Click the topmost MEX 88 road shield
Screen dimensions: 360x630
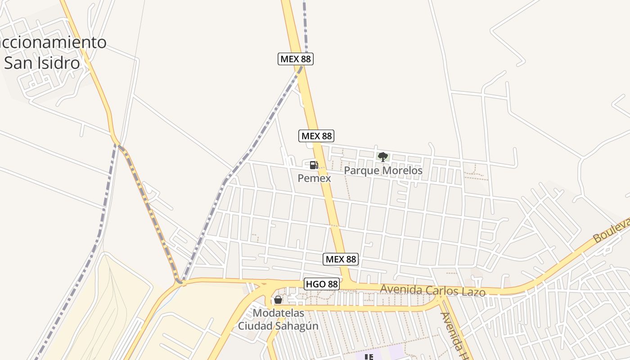point(295,59)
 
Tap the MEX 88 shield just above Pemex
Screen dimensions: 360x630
point(316,136)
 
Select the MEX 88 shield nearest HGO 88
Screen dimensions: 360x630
point(341,259)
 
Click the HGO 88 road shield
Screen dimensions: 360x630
point(321,284)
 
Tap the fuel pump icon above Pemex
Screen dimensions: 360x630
point(314,165)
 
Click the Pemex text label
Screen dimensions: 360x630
point(314,178)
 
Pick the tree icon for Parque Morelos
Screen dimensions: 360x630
point(383,157)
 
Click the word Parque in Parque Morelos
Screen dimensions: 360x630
point(362,171)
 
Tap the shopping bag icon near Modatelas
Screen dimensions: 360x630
point(278,299)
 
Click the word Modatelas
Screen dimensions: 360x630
point(279,313)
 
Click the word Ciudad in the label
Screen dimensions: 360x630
point(255,326)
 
